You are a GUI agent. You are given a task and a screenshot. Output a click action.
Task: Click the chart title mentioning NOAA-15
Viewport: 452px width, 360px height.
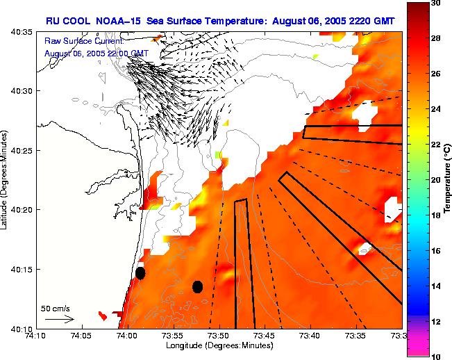click(x=220, y=22)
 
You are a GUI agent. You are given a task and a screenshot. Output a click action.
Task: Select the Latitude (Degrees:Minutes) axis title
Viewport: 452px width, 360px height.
click(x=6, y=180)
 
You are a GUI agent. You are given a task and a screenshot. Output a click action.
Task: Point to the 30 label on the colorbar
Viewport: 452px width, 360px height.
click(x=435, y=3)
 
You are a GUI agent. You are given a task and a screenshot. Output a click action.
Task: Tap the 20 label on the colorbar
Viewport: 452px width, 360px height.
click(x=435, y=180)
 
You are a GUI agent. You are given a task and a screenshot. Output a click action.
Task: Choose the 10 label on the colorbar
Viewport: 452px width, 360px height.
click(x=435, y=356)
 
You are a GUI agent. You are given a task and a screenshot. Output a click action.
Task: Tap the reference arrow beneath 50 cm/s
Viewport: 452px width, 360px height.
click(x=60, y=319)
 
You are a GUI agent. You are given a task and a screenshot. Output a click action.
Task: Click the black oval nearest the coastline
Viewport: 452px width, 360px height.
click(x=140, y=273)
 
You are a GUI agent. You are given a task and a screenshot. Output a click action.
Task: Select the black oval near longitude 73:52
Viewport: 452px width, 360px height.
click(x=197, y=286)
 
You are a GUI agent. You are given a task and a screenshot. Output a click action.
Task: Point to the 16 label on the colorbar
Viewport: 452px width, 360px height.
click(x=435, y=250)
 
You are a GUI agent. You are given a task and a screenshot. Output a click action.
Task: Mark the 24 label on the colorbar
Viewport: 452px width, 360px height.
click(x=435, y=109)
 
